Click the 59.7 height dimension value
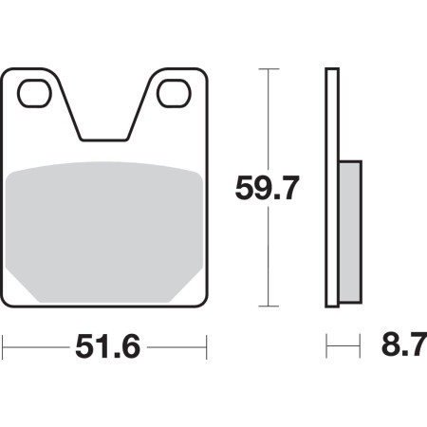tap(267, 189)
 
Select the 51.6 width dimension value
tap(107, 347)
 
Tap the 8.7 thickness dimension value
tap(404, 343)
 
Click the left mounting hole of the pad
tap(34, 93)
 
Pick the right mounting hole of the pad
tap(174, 93)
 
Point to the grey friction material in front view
tap(104, 232)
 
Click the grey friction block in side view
tap(350, 232)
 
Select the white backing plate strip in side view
tap(332, 188)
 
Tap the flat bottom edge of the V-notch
tap(104, 139)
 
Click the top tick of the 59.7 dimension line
tap(269, 68)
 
